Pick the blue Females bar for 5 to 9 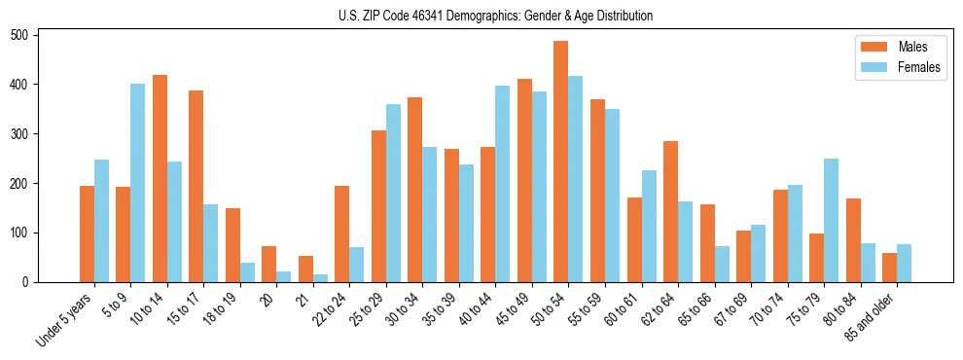tap(138, 183)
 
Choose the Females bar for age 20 tap(283, 276)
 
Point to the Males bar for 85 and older tap(889, 268)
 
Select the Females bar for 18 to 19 tap(247, 272)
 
